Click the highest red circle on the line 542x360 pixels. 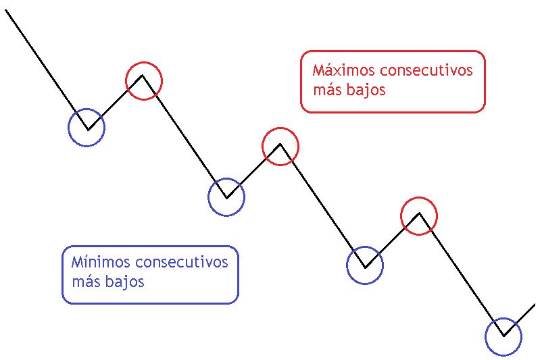pyautogui.click(x=144, y=63)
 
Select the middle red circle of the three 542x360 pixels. pyautogui.click(x=280, y=128)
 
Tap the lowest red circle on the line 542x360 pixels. pyautogui.click(x=419, y=198)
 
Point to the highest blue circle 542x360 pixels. pyautogui.click(x=87, y=109)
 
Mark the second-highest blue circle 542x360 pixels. pyautogui.click(x=226, y=179)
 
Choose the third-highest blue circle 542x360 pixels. pyautogui.click(x=365, y=247)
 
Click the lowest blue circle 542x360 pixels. pyautogui.click(x=503, y=319)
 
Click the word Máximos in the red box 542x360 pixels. pyautogui.click(x=343, y=70)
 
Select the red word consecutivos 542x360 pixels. pyautogui.click(x=426, y=70)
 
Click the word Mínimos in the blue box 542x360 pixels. pyautogui.click(x=101, y=262)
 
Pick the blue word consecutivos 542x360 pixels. pyautogui.click(x=182, y=263)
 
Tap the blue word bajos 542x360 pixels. pyautogui.click(x=125, y=282)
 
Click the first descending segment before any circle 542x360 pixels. pyautogui.click(x=47, y=70)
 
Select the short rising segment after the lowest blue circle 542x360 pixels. pyautogui.click(x=520, y=319)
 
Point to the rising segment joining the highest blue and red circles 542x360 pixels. pyautogui.click(x=115, y=103)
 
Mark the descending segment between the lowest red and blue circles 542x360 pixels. pyautogui.click(x=462, y=274)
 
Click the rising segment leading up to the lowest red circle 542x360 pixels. pyautogui.click(x=393, y=240)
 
